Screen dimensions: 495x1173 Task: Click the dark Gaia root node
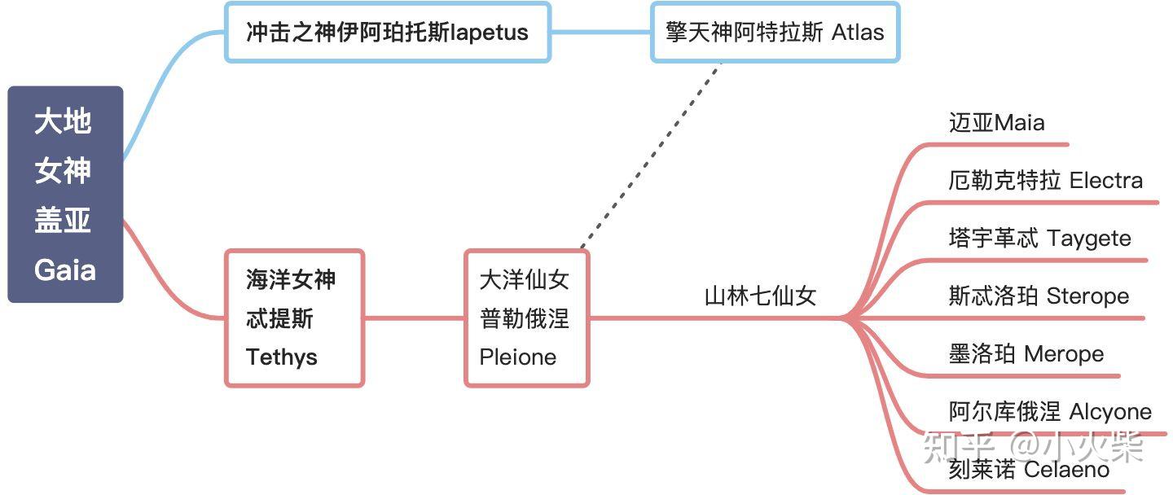(x=65, y=194)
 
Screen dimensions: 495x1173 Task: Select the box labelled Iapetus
(x=388, y=33)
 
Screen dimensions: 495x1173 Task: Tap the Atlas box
(x=775, y=33)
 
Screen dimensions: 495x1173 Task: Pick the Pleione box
(x=526, y=318)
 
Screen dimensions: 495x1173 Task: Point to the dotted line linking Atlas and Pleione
(x=652, y=155)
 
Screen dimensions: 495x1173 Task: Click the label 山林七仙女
(x=760, y=296)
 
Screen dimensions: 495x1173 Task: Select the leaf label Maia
(x=996, y=123)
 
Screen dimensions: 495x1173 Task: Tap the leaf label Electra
(x=1045, y=181)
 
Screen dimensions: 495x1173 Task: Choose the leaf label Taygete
(x=1039, y=239)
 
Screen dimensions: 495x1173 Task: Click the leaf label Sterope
(x=1039, y=296)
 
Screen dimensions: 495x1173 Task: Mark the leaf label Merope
(x=1026, y=354)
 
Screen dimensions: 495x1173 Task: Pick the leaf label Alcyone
(x=1050, y=412)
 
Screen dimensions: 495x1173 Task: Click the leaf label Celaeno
(x=1029, y=470)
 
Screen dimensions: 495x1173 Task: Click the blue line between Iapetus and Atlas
(x=601, y=33)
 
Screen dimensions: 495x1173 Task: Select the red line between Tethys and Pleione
(x=414, y=318)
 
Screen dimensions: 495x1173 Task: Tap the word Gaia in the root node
(x=65, y=269)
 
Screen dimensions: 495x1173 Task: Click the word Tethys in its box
(x=281, y=357)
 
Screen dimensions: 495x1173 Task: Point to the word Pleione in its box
(x=518, y=357)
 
